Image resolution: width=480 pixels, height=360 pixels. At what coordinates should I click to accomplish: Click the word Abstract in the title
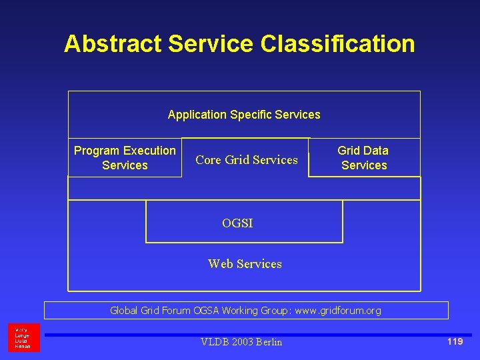(x=113, y=44)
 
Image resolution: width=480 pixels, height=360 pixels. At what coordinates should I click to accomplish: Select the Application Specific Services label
(x=244, y=115)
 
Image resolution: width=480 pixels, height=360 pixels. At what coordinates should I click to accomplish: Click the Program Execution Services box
(x=125, y=158)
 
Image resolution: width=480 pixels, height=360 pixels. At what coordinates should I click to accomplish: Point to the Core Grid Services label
(x=247, y=159)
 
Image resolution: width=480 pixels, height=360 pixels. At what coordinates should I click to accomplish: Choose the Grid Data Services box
(x=363, y=158)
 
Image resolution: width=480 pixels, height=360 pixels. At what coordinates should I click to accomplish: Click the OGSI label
(x=237, y=223)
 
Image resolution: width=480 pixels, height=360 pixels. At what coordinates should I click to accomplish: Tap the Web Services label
(x=245, y=264)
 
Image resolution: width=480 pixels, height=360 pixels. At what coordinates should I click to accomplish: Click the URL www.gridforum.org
(x=339, y=311)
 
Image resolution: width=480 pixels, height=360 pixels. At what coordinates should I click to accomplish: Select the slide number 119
(x=455, y=342)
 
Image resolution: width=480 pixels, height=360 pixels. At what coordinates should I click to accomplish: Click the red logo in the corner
(x=23, y=338)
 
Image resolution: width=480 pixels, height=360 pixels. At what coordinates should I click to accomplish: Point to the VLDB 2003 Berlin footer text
(x=241, y=342)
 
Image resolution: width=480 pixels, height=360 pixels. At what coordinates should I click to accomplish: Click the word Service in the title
(x=211, y=44)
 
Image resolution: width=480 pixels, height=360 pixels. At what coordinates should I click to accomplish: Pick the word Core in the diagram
(x=209, y=159)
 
